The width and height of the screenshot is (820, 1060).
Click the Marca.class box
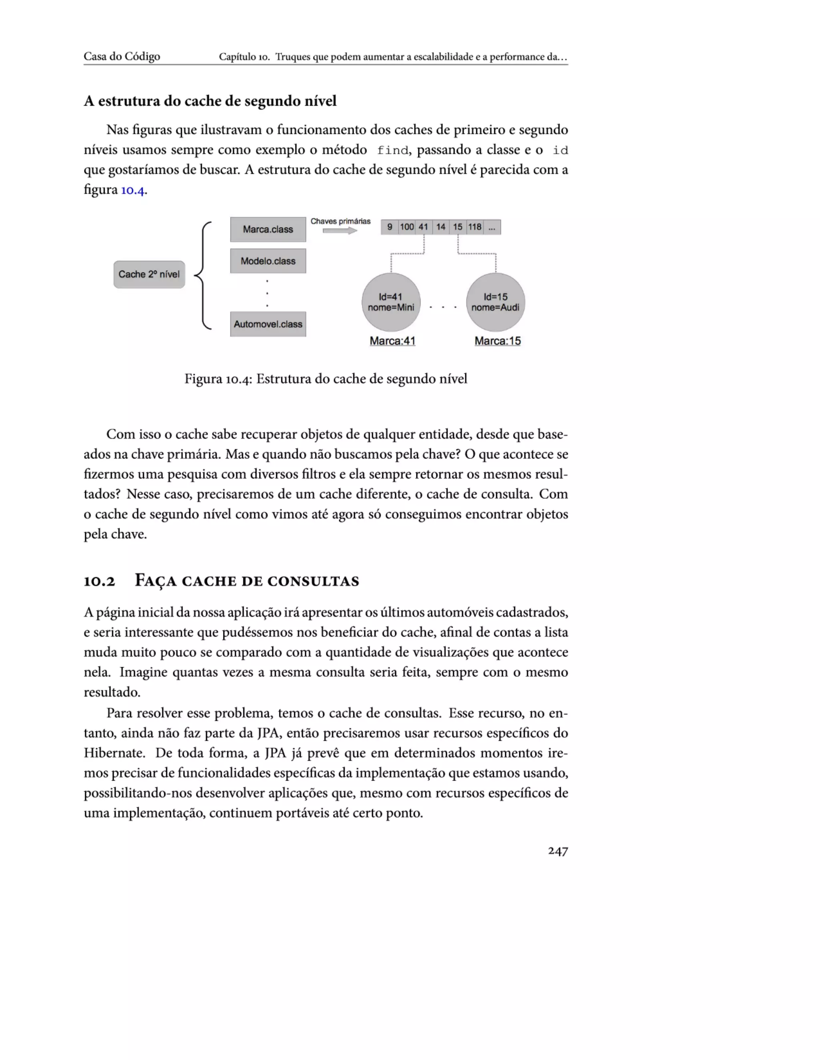click(x=268, y=229)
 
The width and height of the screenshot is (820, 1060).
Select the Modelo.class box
click(x=268, y=261)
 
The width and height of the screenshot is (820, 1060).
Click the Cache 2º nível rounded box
click(x=149, y=274)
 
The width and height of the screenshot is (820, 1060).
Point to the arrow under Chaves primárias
click(x=340, y=231)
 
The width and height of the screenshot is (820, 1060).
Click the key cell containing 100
click(x=407, y=227)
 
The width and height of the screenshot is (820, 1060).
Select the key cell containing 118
click(x=474, y=227)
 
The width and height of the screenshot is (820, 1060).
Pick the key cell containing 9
click(x=390, y=227)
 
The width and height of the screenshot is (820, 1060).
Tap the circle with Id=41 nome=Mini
click(x=391, y=302)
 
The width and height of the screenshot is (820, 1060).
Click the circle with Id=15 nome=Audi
click(x=496, y=302)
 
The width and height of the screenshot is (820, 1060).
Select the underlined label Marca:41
click(x=392, y=341)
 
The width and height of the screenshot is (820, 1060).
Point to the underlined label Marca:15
click(x=497, y=341)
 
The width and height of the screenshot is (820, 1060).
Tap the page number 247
click(x=558, y=851)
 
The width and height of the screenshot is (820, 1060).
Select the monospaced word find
click(x=392, y=150)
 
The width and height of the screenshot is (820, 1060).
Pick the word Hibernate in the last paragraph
click(x=114, y=753)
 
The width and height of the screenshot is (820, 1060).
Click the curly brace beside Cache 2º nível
click(x=203, y=275)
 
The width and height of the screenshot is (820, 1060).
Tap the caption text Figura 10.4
click(x=217, y=378)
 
